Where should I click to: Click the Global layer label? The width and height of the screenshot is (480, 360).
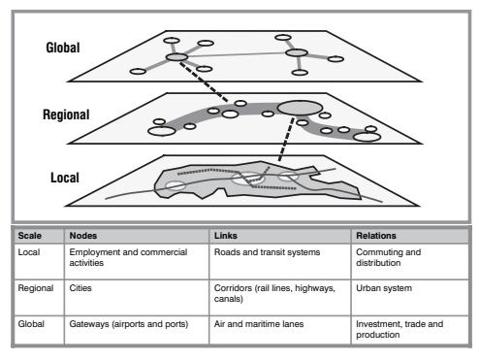point(63,48)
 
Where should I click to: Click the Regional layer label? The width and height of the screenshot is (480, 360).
point(66,115)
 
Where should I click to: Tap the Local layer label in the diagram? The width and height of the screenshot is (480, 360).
point(65,178)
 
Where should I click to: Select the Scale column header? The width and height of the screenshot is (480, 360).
point(29,236)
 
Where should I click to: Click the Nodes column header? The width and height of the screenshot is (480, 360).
point(83,236)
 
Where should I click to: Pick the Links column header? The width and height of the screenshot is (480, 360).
point(226,236)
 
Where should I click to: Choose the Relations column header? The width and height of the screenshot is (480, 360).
point(376,236)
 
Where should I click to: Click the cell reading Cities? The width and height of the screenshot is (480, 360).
point(80,288)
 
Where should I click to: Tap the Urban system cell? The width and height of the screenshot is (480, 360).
point(384,288)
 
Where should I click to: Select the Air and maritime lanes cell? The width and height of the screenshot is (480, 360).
point(259,324)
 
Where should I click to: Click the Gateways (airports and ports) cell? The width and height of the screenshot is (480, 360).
point(129,324)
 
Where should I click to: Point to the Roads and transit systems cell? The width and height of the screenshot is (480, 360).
point(267,252)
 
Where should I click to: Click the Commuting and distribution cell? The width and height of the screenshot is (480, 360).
point(388,257)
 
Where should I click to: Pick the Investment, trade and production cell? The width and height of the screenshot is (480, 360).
point(400,329)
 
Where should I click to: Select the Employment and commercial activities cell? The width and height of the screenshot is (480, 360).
point(128,257)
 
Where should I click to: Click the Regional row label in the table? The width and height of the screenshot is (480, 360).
point(36,288)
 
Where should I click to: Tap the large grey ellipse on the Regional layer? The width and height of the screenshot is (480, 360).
point(300,108)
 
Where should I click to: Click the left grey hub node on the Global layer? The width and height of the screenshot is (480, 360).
point(176,57)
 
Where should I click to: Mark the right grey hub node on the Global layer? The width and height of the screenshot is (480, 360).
point(297,52)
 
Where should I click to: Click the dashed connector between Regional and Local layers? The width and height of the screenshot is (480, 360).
point(286,140)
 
